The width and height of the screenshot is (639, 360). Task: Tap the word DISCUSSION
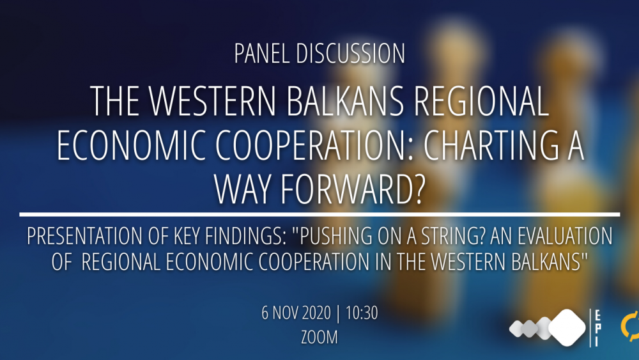350,54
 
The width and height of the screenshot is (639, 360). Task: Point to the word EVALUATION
566,236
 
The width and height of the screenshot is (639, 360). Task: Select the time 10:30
362,313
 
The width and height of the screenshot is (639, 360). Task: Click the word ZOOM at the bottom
319,337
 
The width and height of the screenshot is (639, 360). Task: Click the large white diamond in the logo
567,327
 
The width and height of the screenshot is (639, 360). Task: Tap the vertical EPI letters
597,328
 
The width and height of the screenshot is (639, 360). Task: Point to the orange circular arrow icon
630,326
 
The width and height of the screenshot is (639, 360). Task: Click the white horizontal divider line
319,214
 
